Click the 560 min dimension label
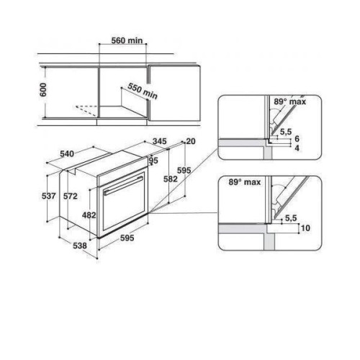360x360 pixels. tap(127, 40)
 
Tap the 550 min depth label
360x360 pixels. tap(143, 91)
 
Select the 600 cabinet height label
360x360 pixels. tap(43, 90)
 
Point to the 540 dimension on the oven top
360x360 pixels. tap(67, 154)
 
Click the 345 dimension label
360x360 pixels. tap(160, 141)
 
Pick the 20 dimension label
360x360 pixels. tap(191, 141)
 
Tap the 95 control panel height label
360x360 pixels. tap(154, 161)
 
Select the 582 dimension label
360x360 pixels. tap(171, 179)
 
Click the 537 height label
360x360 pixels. tap(49, 196)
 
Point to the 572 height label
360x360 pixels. tap(71, 197)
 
